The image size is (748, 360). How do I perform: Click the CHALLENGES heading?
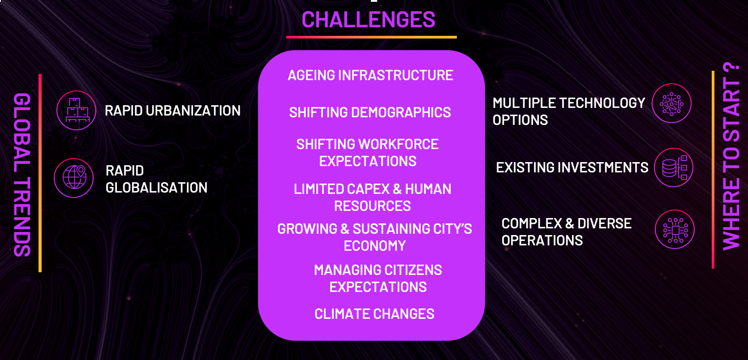(x=368, y=19)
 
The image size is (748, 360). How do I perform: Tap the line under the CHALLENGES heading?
(x=371, y=37)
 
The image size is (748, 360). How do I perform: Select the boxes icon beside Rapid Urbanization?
(x=76, y=110)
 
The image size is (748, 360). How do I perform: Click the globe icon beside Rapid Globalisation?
(x=74, y=178)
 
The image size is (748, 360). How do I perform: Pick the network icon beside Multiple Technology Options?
(x=671, y=103)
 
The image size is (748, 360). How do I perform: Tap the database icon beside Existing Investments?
(x=674, y=167)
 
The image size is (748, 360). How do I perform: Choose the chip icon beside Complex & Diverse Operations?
(x=675, y=229)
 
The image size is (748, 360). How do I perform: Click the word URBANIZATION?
(x=193, y=111)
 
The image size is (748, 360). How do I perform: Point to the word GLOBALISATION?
(x=156, y=188)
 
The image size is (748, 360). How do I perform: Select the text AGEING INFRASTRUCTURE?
(x=370, y=75)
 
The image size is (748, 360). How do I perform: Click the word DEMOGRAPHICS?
(x=401, y=112)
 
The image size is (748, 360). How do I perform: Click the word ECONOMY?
(x=374, y=246)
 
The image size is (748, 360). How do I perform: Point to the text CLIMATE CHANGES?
(x=374, y=314)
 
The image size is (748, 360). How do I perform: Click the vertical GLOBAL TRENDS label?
(x=22, y=175)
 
